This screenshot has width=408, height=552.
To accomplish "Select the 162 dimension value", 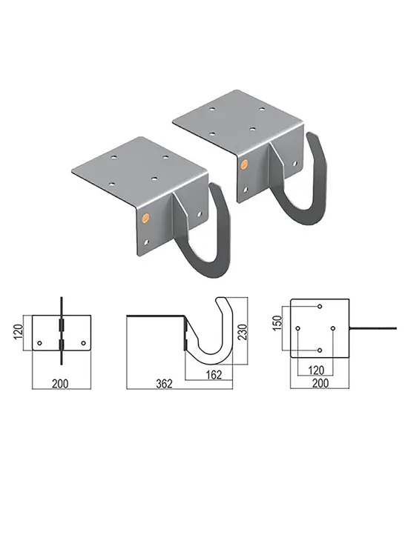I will pyautogui.click(x=214, y=375).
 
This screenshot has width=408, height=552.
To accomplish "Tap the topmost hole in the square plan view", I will pyautogui.click(x=319, y=307).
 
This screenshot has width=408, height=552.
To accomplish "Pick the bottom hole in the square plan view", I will pyautogui.click(x=319, y=349).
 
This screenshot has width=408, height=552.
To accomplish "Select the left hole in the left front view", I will pyautogui.click(x=41, y=342).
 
